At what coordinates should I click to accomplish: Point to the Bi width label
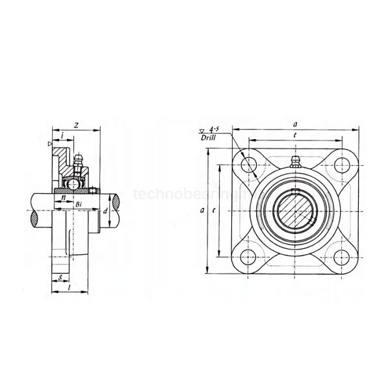(x=79, y=205)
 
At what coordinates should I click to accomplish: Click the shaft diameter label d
(x=105, y=212)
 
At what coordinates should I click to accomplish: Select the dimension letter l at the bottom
(x=69, y=287)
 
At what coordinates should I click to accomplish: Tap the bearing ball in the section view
(x=75, y=184)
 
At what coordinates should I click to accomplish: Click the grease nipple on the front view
(x=294, y=162)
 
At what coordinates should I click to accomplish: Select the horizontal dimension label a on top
(x=295, y=123)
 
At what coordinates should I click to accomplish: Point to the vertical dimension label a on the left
(x=202, y=210)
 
